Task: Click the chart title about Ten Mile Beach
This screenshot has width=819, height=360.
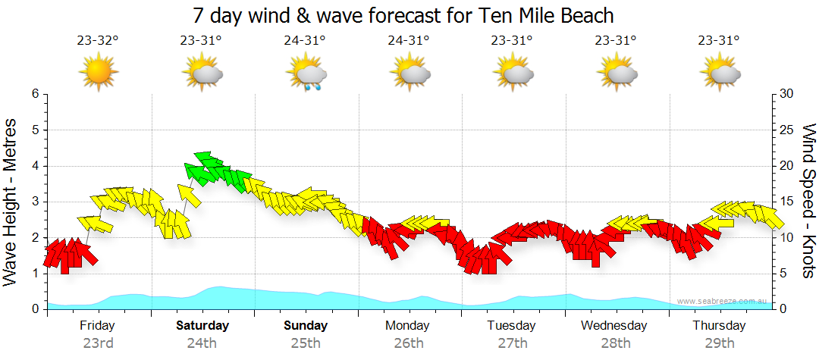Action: click(x=403, y=15)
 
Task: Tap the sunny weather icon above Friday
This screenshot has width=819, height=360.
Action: click(x=99, y=73)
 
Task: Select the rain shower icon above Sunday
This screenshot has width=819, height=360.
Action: click(x=306, y=74)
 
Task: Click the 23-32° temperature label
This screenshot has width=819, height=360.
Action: click(x=98, y=41)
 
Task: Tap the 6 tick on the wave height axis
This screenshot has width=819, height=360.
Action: click(x=35, y=94)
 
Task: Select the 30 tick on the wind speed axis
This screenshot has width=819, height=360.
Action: click(x=787, y=94)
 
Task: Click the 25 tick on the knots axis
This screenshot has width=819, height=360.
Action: click(x=787, y=130)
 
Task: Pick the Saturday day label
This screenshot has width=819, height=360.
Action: click(x=202, y=326)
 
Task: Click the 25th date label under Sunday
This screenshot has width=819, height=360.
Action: click(x=305, y=343)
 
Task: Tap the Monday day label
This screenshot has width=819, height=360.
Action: click(x=409, y=326)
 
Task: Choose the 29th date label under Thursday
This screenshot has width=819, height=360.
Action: click(x=720, y=343)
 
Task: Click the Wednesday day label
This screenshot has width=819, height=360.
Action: click(x=614, y=326)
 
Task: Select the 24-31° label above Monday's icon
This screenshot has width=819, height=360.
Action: click(x=409, y=41)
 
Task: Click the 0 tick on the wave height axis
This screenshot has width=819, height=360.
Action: click(x=35, y=309)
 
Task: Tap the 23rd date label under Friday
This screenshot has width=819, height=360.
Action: click(x=98, y=343)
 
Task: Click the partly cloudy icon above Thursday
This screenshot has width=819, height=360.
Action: click(x=720, y=74)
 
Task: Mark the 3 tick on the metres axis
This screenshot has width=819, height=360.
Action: click(x=35, y=202)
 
